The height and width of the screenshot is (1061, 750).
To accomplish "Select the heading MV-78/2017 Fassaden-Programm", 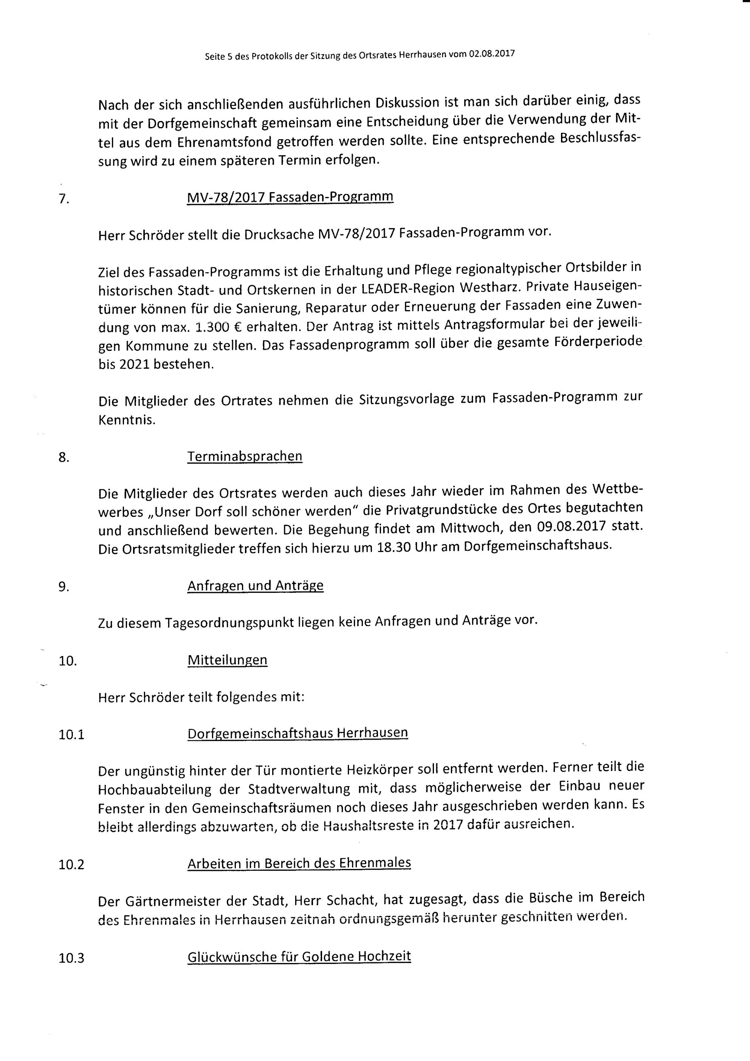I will [290, 197].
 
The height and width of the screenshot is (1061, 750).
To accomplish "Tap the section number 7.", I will [64, 200].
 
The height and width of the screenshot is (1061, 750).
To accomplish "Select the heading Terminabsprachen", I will [245, 456].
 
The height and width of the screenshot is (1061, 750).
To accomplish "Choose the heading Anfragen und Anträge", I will [255, 585].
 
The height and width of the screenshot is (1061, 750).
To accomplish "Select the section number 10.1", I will [71, 735].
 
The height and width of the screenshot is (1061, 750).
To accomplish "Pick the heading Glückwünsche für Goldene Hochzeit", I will [299, 956].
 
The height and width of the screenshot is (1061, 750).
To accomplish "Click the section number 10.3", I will [71, 959].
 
